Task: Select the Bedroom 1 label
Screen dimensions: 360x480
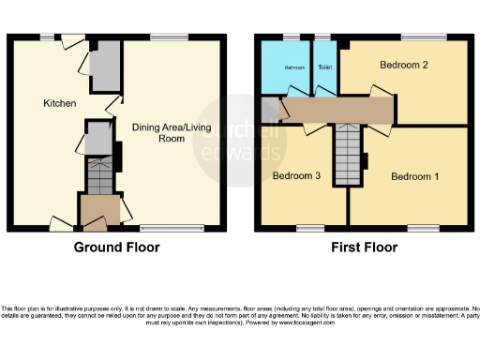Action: coord(413,177)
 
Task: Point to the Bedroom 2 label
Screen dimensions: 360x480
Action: coord(404,66)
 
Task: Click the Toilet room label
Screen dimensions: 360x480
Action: coord(324,67)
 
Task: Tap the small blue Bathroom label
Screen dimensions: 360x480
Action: coord(295,67)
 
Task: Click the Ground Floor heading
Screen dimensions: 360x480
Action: coord(117,247)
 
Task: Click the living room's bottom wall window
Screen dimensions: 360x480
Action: coord(157,228)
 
